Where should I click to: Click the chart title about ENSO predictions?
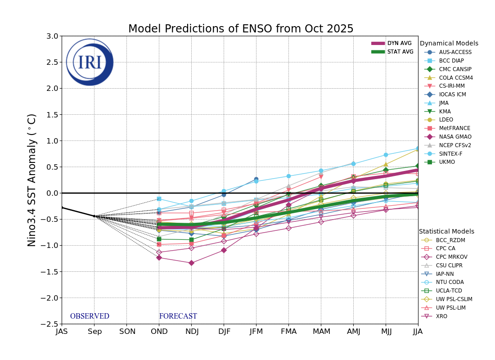241,29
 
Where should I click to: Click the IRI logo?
90,62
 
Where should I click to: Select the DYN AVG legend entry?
391,43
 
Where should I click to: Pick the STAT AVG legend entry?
392,52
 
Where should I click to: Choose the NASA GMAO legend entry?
455,137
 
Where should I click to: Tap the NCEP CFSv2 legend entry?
455,145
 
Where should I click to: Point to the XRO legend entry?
441,316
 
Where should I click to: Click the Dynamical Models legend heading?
449,44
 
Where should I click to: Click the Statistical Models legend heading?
446,231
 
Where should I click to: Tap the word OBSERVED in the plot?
90,316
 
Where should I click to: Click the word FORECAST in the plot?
178,316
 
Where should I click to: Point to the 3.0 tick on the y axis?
52,36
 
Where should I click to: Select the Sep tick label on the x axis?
94,332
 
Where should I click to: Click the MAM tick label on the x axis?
321,332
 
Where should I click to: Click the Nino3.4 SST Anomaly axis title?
32,180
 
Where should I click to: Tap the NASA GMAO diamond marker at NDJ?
191,263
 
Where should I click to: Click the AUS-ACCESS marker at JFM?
256,179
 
